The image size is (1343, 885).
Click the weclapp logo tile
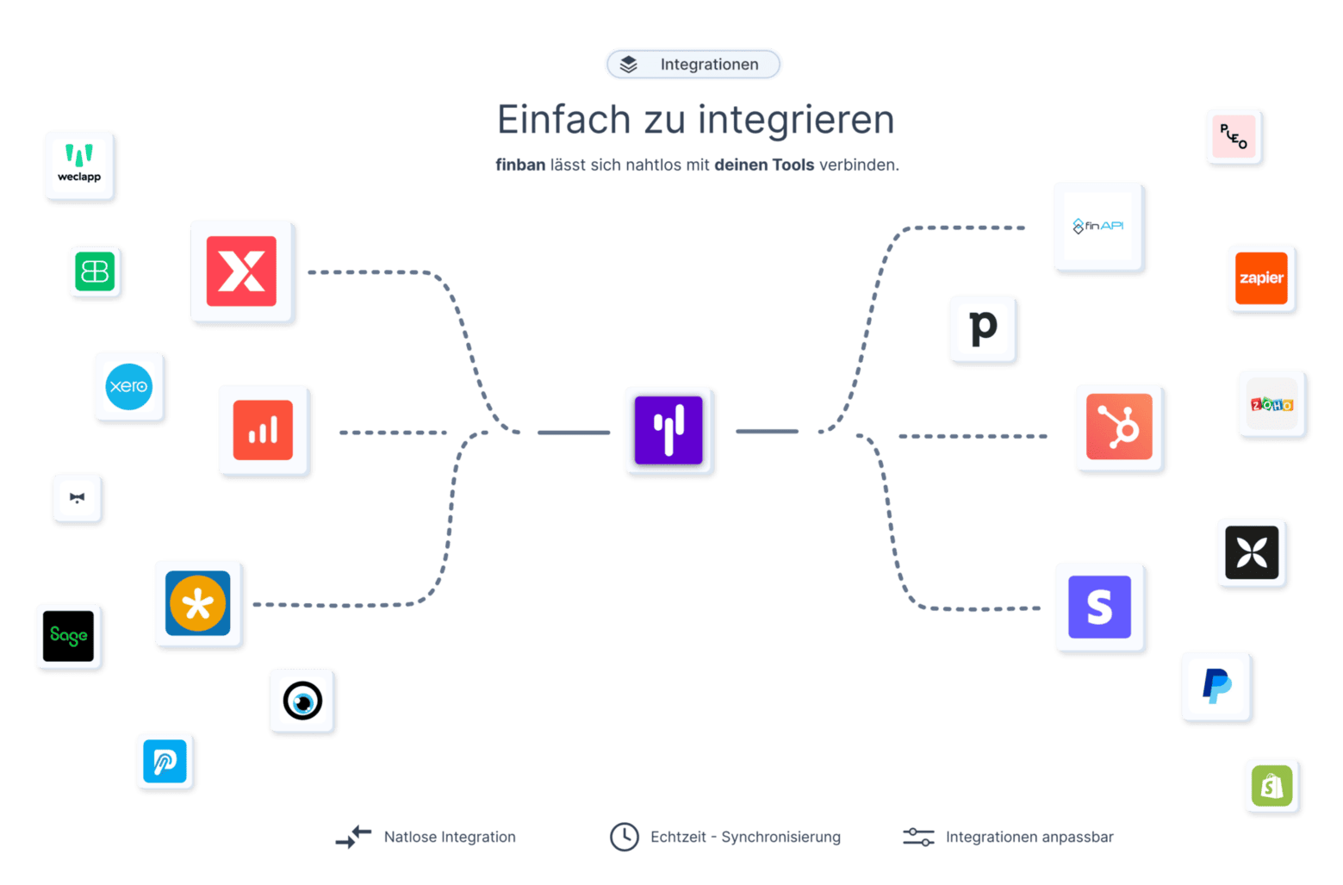(80, 166)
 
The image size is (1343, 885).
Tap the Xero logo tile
(129, 387)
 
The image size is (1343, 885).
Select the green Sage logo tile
(69, 637)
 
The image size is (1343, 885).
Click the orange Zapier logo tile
(1261, 278)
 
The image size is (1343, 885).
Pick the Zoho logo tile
(1271, 404)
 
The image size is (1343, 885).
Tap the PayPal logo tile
(1216, 687)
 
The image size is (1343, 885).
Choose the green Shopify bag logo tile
(1271, 786)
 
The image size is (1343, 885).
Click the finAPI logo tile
(1098, 227)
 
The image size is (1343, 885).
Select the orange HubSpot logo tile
(1119, 427)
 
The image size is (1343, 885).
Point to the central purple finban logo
(669, 430)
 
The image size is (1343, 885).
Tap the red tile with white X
(242, 271)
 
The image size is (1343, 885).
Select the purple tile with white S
(1100, 608)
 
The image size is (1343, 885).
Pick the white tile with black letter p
(983, 329)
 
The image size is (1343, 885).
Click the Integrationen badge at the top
(693, 65)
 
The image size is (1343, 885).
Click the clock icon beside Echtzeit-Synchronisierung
(624, 837)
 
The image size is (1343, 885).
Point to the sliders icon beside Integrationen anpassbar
(918, 837)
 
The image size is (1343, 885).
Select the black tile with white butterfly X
(1252, 553)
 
